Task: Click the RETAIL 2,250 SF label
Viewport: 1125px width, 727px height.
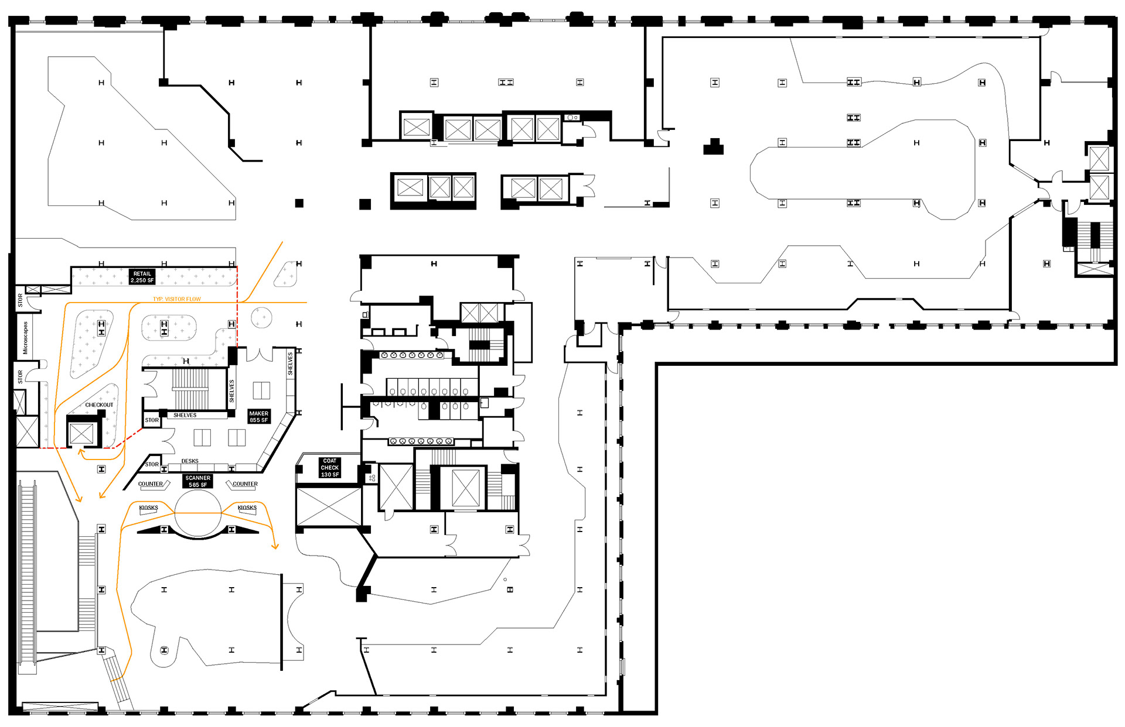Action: tap(142, 277)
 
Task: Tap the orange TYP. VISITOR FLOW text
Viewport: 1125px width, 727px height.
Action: tap(177, 299)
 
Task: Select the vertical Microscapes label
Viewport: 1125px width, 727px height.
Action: tap(25, 338)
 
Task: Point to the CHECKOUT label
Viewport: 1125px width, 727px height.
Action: tap(99, 404)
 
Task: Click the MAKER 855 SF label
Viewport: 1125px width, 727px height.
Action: tap(258, 417)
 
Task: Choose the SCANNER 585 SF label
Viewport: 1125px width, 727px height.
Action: tap(198, 481)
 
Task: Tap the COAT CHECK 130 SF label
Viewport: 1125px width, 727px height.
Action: tap(330, 468)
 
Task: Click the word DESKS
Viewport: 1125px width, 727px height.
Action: tap(190, 461)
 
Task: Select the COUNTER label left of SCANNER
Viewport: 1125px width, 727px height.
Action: tap(151, 484)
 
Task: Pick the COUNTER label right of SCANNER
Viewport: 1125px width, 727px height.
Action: tap(245, 484)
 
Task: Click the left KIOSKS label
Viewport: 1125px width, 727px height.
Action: tap(148, 508)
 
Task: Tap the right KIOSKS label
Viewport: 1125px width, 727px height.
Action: tap(247, 508)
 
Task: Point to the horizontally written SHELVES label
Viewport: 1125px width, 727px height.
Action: tap(185, 415)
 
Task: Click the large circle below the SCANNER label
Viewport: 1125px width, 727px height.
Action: tap(198, 513)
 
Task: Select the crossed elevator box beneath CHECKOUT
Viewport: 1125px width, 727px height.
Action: tap(81, 434)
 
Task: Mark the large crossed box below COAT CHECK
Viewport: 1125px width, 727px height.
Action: tap(329, 507)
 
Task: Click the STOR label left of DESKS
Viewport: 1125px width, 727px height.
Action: tap(152, 464)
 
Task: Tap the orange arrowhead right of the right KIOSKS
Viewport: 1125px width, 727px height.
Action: tap(275, 547)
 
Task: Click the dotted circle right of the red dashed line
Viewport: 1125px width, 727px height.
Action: tap(261, 318)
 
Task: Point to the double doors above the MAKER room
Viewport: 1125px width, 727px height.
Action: tap(260, 355)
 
